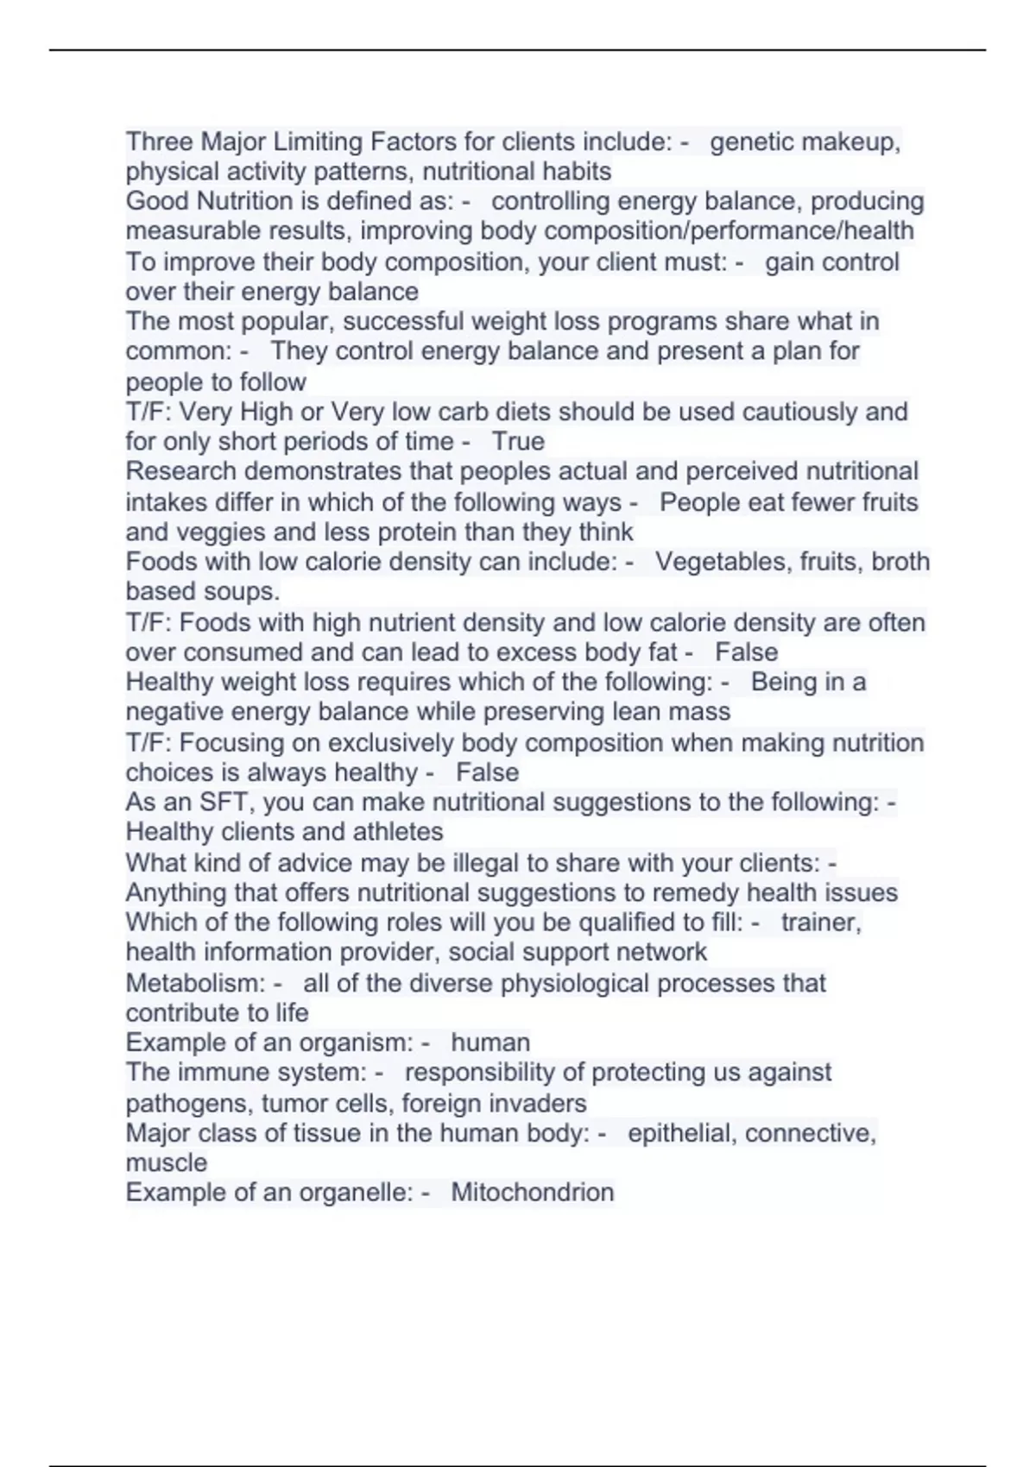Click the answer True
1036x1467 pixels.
[x=518, y=441]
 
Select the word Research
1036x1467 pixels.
[x=181, y=471]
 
